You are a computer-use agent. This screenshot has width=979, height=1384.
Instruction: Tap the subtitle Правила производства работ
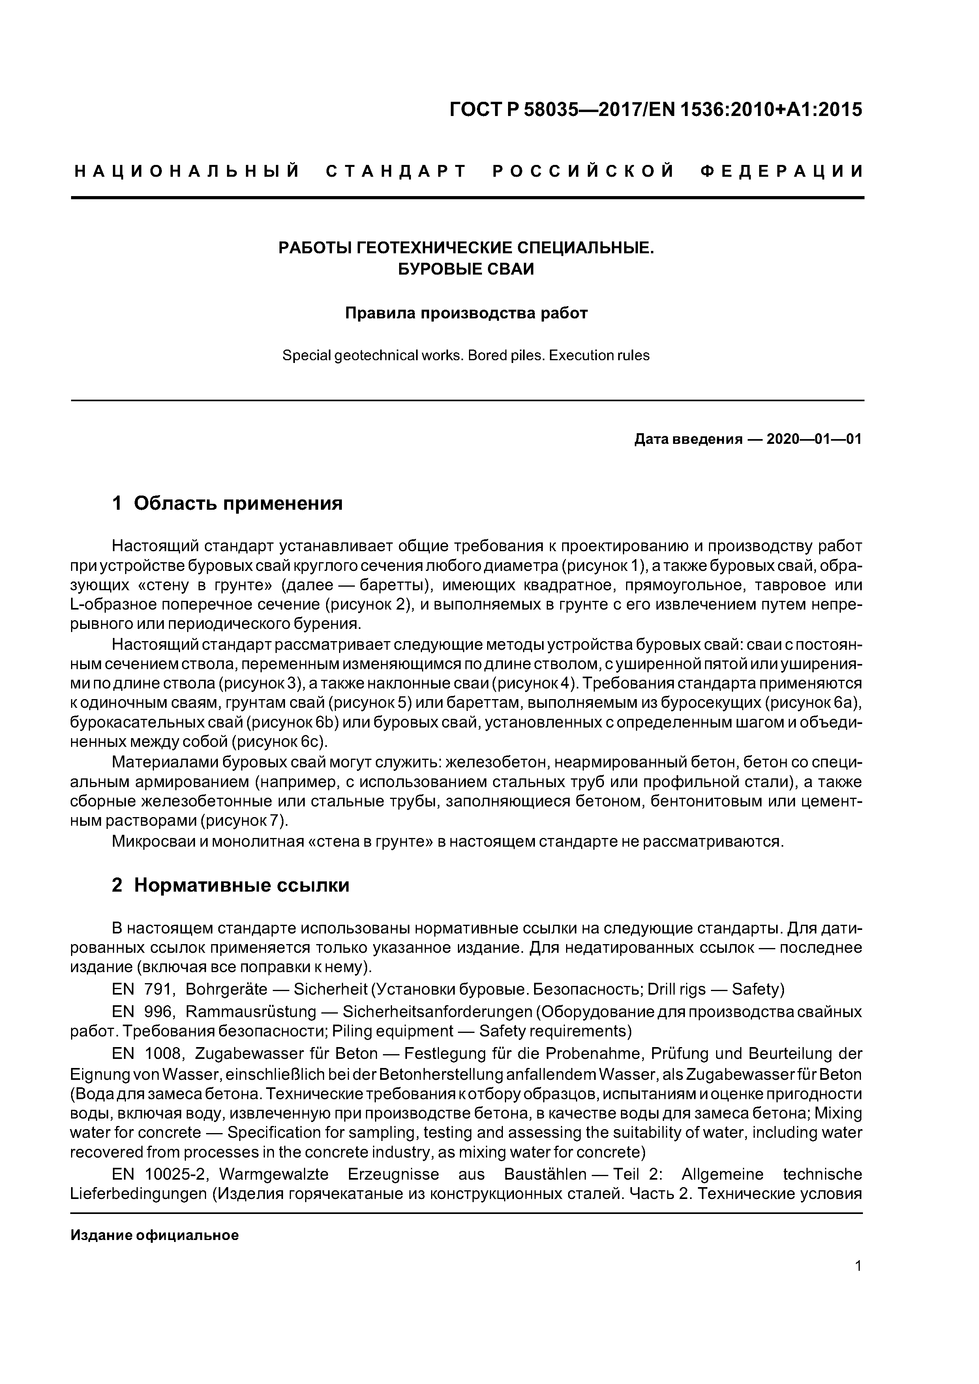point(466,313)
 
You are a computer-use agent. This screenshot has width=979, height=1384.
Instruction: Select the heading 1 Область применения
point(227,503)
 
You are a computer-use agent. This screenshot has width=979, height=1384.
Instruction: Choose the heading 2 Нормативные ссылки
point(231,885)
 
